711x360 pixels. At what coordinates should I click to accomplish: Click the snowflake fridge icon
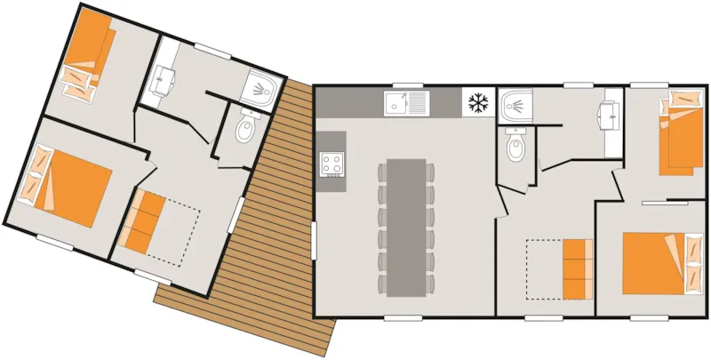pos(478,103)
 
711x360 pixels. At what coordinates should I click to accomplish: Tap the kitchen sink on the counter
pos(405,103)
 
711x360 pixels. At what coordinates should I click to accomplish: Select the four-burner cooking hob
pos(332,164)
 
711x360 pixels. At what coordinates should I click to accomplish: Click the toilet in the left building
pos(244,131)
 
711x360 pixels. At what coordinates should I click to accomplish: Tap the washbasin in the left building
pos(163,82)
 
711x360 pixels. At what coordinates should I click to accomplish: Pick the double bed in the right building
pos(656,262)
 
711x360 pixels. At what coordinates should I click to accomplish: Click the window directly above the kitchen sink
pos(405,85)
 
